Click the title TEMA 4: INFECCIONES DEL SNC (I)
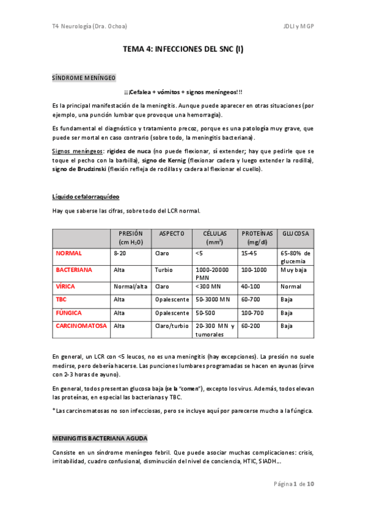[x=183, y=52]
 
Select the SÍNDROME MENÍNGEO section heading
[x=83, y=78]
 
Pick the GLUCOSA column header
[x=295, y=233]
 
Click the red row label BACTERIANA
[x=74, y=269]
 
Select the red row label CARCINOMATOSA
[x=81, y=326]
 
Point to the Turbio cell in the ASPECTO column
[x=164, y=269]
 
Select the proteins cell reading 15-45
[x=249, y=252]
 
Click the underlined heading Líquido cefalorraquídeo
[x=86, y=197]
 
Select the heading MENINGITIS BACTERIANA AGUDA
[x=100, y=439]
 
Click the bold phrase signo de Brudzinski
[x=79, y=169]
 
